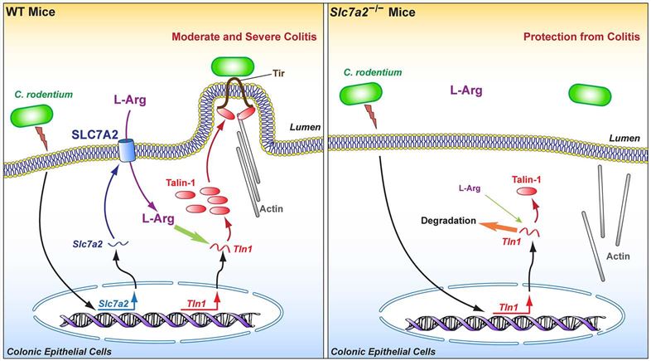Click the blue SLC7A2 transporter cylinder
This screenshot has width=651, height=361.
[x=127, y=152]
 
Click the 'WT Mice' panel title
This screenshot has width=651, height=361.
[x=30, y=10]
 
